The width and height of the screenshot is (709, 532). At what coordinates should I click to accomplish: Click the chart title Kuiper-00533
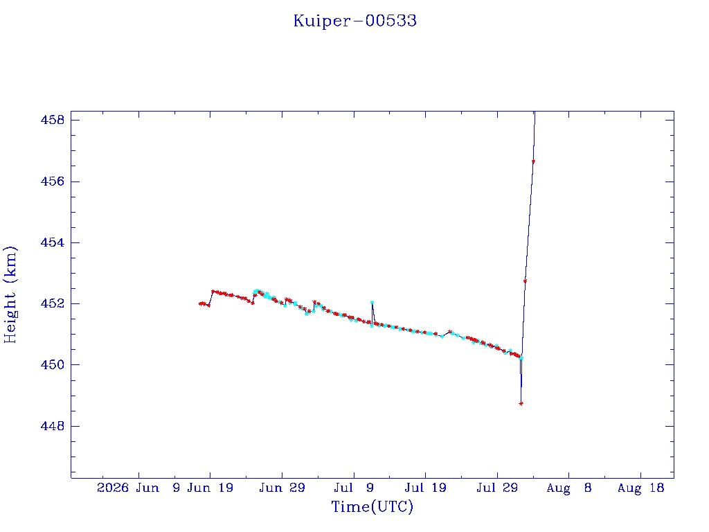pos(355,21)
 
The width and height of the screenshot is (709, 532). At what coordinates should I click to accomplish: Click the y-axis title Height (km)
pos(10,294)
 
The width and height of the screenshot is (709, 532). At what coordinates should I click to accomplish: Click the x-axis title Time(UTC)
pos(372,506)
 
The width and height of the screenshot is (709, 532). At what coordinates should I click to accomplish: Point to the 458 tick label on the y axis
pos(53,120)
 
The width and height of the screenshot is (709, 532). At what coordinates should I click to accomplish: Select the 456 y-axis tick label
pos(53,181)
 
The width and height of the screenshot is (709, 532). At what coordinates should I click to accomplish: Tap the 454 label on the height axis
pos(53,242)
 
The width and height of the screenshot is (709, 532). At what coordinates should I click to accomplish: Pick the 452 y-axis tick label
pos(53,303)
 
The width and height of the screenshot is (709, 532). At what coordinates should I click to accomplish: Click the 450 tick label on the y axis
pos(53,364)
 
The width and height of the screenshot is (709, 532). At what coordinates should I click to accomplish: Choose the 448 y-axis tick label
pos(53,426)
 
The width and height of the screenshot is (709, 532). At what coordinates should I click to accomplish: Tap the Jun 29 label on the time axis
pos(282,488)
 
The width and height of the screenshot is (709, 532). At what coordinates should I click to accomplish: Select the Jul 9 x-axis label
pos(354,488)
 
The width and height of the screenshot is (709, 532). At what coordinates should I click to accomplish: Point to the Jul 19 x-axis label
pos(425,488)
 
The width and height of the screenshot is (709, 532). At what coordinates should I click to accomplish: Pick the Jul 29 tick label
pos(497,488)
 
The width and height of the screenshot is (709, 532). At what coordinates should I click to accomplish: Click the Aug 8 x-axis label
pos(569,488)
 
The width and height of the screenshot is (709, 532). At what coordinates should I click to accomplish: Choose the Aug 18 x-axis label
pos(640,488)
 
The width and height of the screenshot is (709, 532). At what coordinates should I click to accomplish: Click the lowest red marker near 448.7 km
pos(521,404)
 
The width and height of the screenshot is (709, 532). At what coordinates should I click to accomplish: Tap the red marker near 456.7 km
pos(534,161)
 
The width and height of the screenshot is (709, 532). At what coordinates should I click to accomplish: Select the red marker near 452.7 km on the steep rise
pos(525,281)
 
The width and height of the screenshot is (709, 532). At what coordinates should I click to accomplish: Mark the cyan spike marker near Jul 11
pos(372,302)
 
